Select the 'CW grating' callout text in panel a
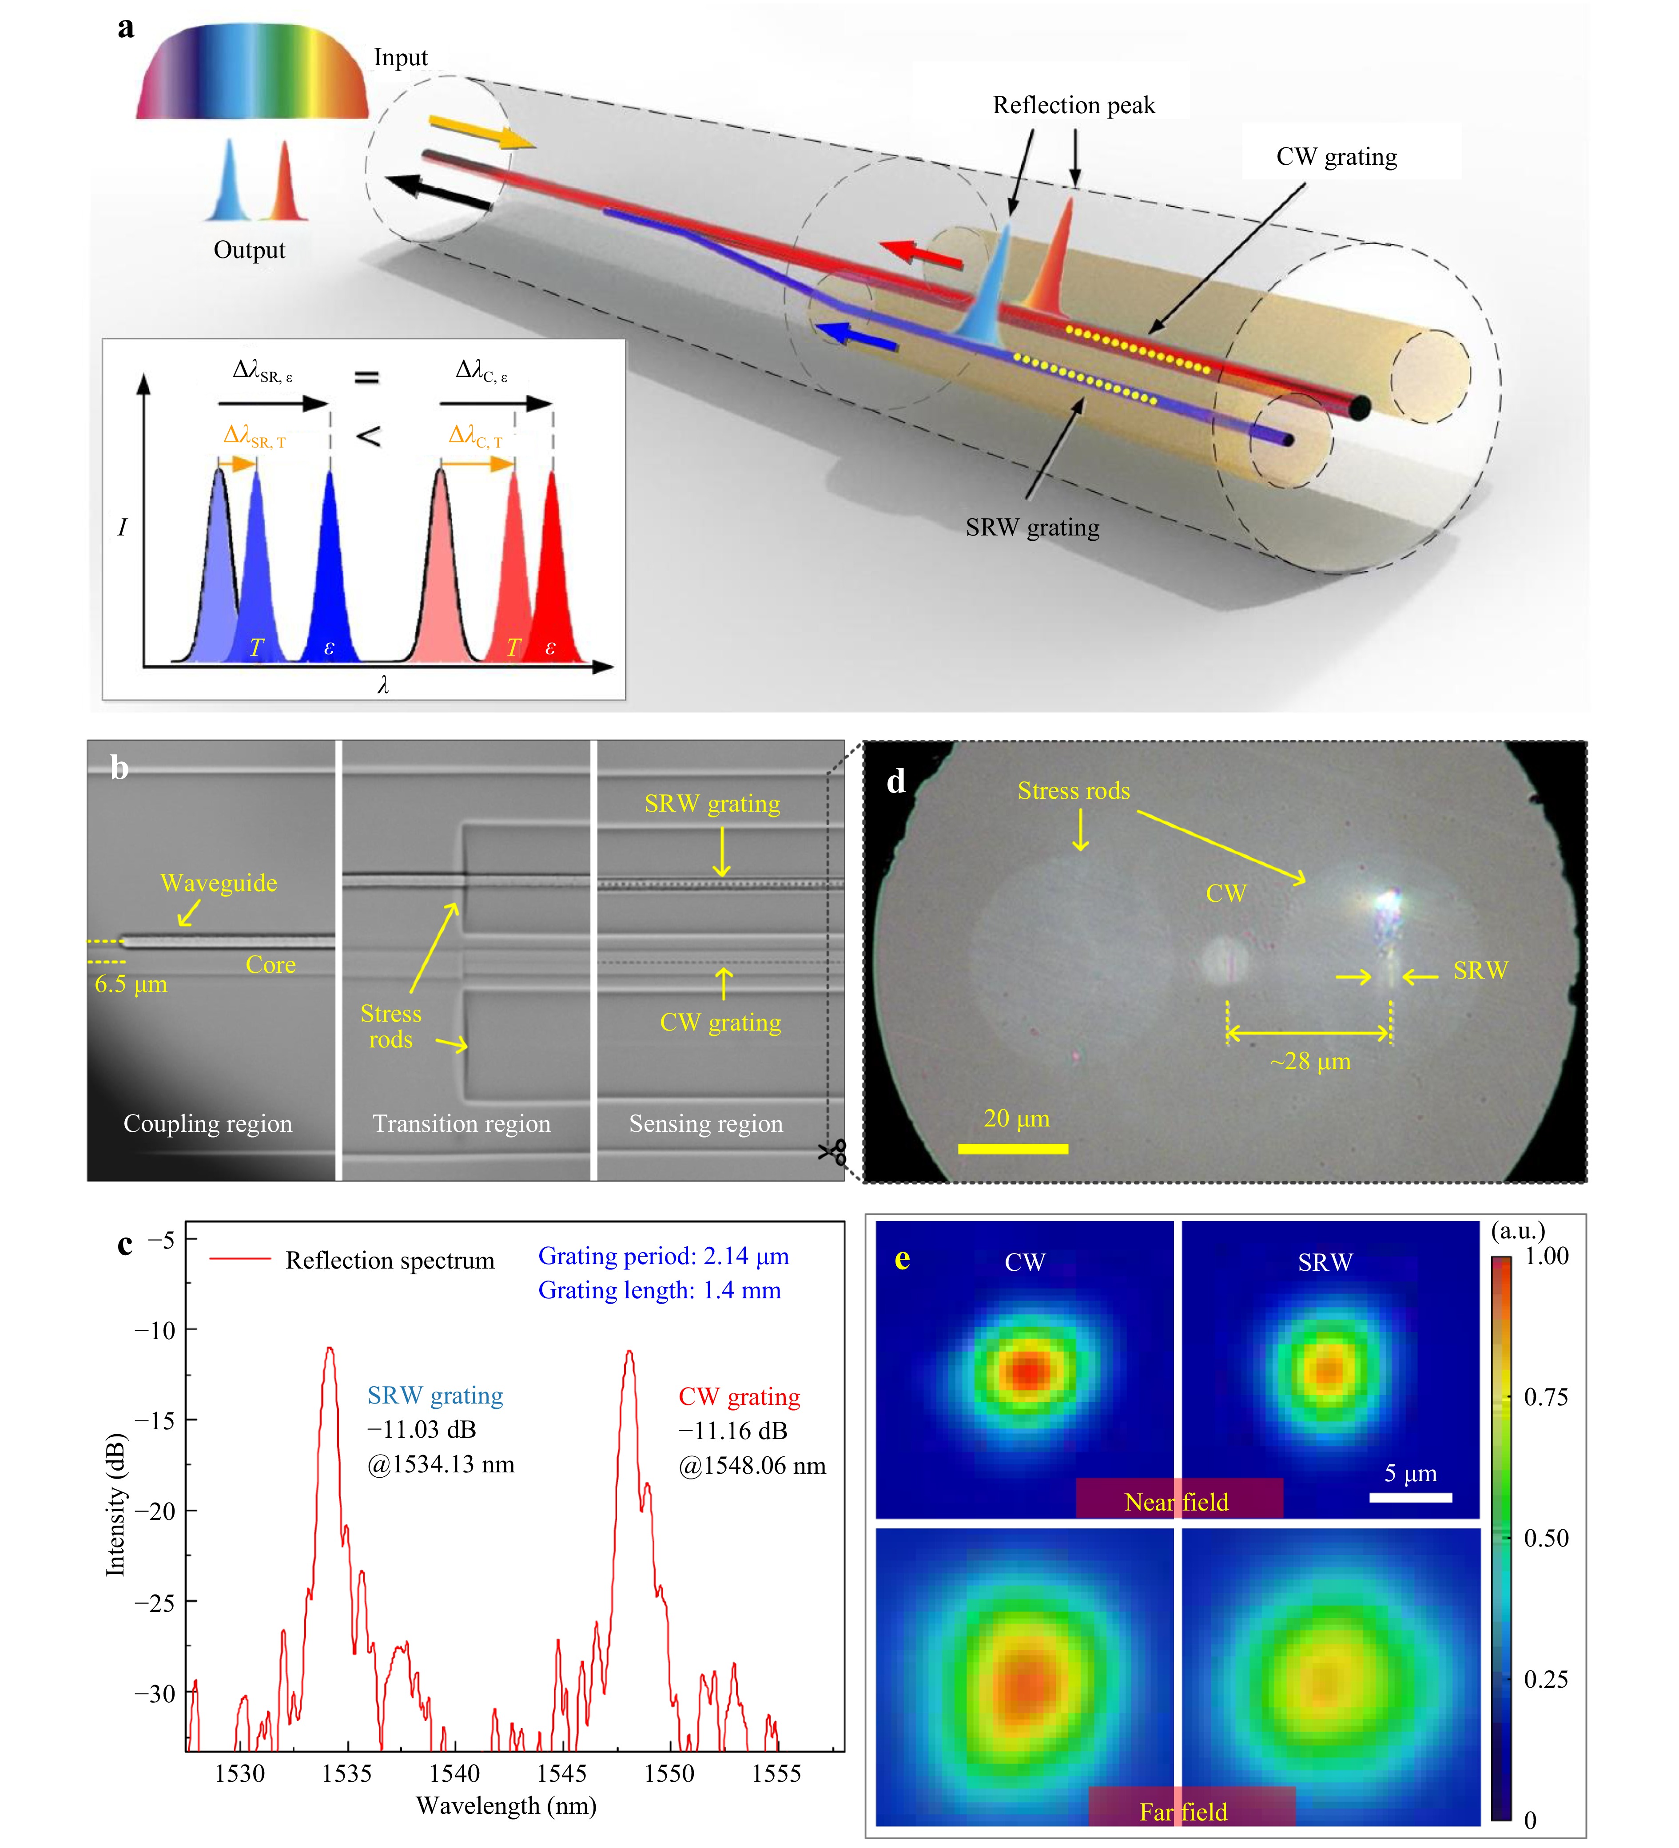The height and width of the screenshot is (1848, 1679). (1336, 157)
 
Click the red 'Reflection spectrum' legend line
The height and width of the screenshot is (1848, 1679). (240, 1260)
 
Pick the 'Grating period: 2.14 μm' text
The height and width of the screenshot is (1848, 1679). (663, 1256)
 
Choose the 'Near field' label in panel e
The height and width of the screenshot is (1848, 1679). (1177, 1502)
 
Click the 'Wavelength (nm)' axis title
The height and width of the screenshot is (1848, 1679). (506, 1806)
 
